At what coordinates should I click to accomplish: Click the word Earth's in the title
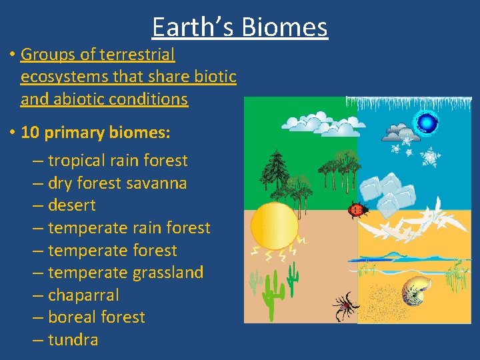(193, 27)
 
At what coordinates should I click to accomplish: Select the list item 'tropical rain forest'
(118, 161)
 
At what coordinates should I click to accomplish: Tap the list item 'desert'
(71, 205)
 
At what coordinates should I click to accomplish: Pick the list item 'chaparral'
(83, 295)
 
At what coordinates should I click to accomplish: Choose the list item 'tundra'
(73, 339)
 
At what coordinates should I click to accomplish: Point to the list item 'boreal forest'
(96, 317)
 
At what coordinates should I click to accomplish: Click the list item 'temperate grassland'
(125, 273)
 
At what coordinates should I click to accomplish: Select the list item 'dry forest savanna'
(117, 183)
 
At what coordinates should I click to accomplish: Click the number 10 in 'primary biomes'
(31, 132)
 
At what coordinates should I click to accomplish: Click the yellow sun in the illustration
(273, 225)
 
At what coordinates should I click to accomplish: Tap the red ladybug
(357, 211)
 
